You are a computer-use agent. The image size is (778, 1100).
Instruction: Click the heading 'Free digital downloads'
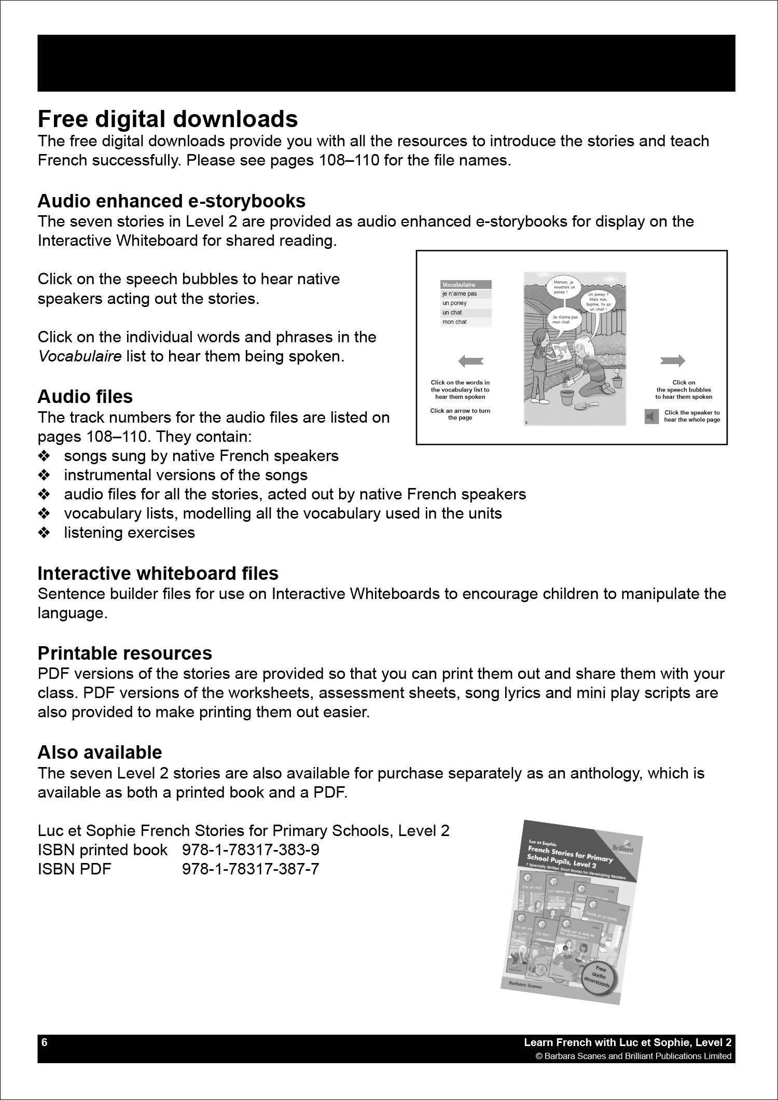[x=168, y=119]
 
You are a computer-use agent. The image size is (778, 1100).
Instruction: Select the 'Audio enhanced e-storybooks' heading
[x=171, y=201]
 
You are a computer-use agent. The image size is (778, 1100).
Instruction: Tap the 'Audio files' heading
[x=85, y=397]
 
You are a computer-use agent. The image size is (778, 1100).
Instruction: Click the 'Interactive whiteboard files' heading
[x=158, y=574]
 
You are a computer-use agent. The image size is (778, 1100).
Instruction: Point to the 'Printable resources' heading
[x=124, y=653]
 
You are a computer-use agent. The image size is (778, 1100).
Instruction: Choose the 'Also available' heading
[x=100, y=753]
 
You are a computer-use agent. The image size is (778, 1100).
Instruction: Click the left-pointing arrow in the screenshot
[x=471, y=361]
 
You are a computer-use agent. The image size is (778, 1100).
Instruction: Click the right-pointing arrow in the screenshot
[x=673, y=361]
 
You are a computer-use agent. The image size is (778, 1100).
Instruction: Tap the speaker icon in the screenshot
[x=651, y=416]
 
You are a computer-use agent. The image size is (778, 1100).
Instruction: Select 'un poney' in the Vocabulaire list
[x=455, y=303]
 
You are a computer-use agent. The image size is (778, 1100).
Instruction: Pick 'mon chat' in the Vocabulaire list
[x=454, y=322]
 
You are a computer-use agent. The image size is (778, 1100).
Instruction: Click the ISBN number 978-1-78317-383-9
[x=251, y=850]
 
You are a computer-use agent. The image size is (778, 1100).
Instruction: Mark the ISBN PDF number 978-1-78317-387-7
[x=251, y=869]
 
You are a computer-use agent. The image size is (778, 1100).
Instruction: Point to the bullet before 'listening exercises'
[x=44, y=533]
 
